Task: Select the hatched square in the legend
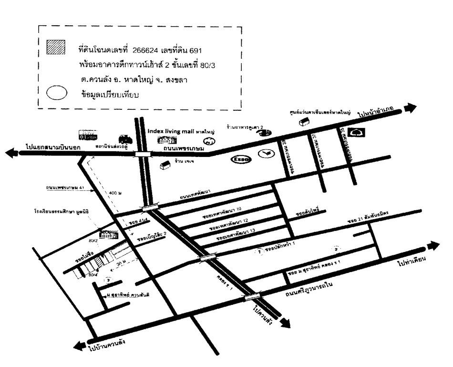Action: [x=55, y=48]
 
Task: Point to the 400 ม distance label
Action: [x=114, y=192]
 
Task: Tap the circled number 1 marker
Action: [x=259, y=252]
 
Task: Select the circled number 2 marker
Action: [x=336, y=249]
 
